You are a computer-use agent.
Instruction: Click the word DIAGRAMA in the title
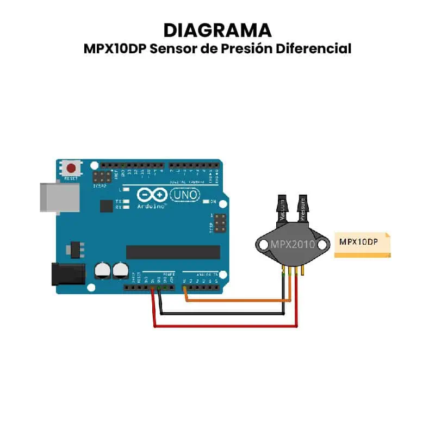217,30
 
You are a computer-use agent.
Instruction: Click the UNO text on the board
185,194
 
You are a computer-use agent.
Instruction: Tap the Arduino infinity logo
151,195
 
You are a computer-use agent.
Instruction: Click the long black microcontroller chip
173,252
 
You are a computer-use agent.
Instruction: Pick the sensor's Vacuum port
283,209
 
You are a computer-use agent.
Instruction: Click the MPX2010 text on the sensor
293,244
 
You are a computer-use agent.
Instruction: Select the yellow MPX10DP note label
362,244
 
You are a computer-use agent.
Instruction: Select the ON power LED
206,202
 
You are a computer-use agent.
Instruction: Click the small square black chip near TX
106,206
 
